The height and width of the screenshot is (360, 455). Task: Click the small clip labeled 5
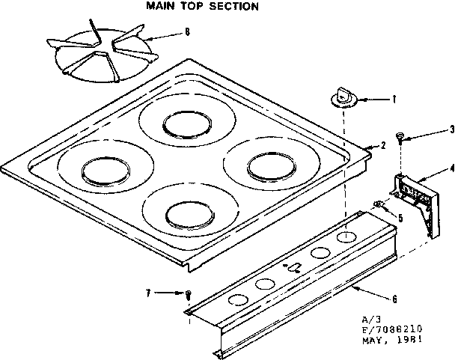point(379,204)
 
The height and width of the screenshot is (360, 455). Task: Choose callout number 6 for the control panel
point(394,299)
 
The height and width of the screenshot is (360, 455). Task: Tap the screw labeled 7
point(189,293)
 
